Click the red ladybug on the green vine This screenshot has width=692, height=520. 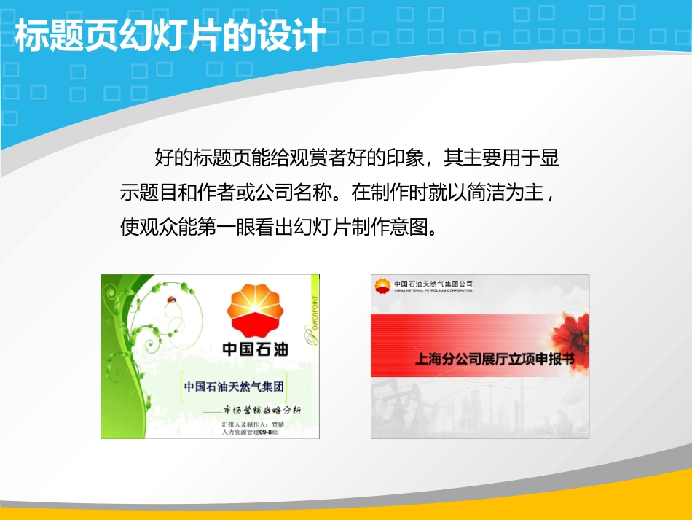click(172, 299)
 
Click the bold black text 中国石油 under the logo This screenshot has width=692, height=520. click(254, 349)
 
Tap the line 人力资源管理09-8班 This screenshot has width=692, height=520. click(249, 432)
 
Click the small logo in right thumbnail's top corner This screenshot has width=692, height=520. click(382, 285)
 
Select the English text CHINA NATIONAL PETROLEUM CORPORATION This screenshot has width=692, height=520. click(433, 290)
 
